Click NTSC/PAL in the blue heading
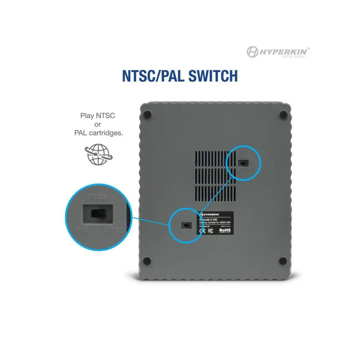[151, 76]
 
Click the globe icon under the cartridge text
[98, 154]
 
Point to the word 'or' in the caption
[98, 124]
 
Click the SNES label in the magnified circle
[96, 197]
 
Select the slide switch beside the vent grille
[243, 163]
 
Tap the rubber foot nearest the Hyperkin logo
[283, 115]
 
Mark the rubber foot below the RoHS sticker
[283, 260]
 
